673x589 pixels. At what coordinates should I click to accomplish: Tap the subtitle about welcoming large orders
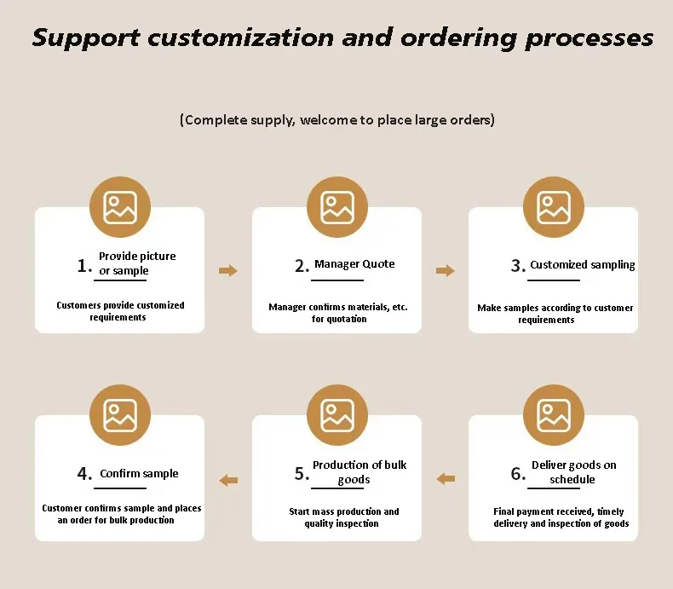pos(336,120)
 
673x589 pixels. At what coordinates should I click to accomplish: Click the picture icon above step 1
pos(120,207)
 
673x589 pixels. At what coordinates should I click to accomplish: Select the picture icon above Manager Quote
pos(337,207)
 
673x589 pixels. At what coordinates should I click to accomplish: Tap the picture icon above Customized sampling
pos(554,207)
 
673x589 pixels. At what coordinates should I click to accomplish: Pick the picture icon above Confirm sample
pos(120,415)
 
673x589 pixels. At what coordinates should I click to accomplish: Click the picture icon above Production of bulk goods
pos(337,415)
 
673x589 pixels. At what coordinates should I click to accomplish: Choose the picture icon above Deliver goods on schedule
pos(554,415)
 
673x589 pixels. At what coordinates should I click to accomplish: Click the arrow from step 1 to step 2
pos(228,271)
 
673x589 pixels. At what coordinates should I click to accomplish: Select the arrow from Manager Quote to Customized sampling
pos(446,271)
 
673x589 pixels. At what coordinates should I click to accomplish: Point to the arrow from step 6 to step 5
pos(446,479)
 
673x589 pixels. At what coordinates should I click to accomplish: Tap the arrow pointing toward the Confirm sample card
pos(228,480)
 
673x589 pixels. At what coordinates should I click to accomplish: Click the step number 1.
pos(83,266)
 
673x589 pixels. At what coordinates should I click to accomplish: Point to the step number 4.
pos(83,474)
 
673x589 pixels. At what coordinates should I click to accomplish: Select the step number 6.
pos(518,473)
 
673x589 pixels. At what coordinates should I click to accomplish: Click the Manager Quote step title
pos(354,264)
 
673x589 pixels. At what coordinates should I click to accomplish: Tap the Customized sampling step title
pos(583,265)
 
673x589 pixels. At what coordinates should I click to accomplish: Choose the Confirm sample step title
pos(139,474)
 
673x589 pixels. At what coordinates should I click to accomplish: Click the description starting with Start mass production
pos(343,517)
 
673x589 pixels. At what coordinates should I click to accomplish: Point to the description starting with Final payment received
pos(561,517)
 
